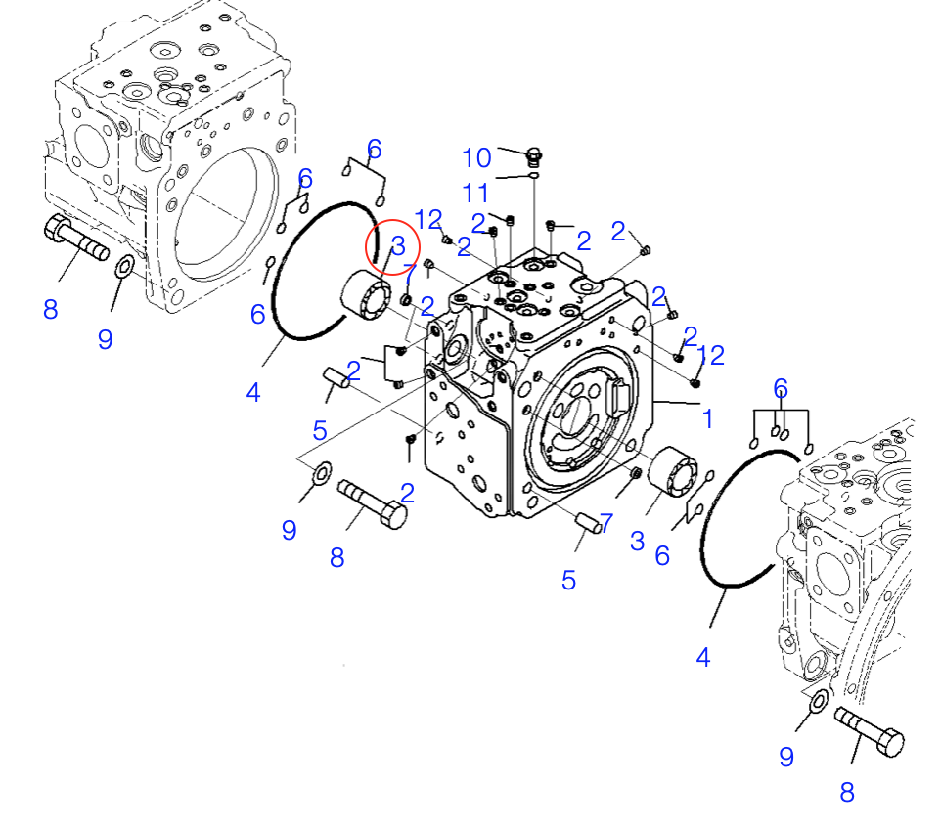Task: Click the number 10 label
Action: click(476, 157)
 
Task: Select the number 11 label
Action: click(476, 192)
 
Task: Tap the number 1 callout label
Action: click(706, 418)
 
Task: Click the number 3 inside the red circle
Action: click(397, 245)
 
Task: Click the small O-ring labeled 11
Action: click(532, 177)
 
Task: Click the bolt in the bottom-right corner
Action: click(870, 732)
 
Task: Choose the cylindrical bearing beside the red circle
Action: click(368, 295)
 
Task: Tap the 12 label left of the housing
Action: click(428, 220)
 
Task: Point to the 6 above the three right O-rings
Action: click(780, 387)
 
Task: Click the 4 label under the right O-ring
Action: click(702, 658)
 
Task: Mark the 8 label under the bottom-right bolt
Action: click(847, 792)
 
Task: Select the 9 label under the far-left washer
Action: click(105, 339)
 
